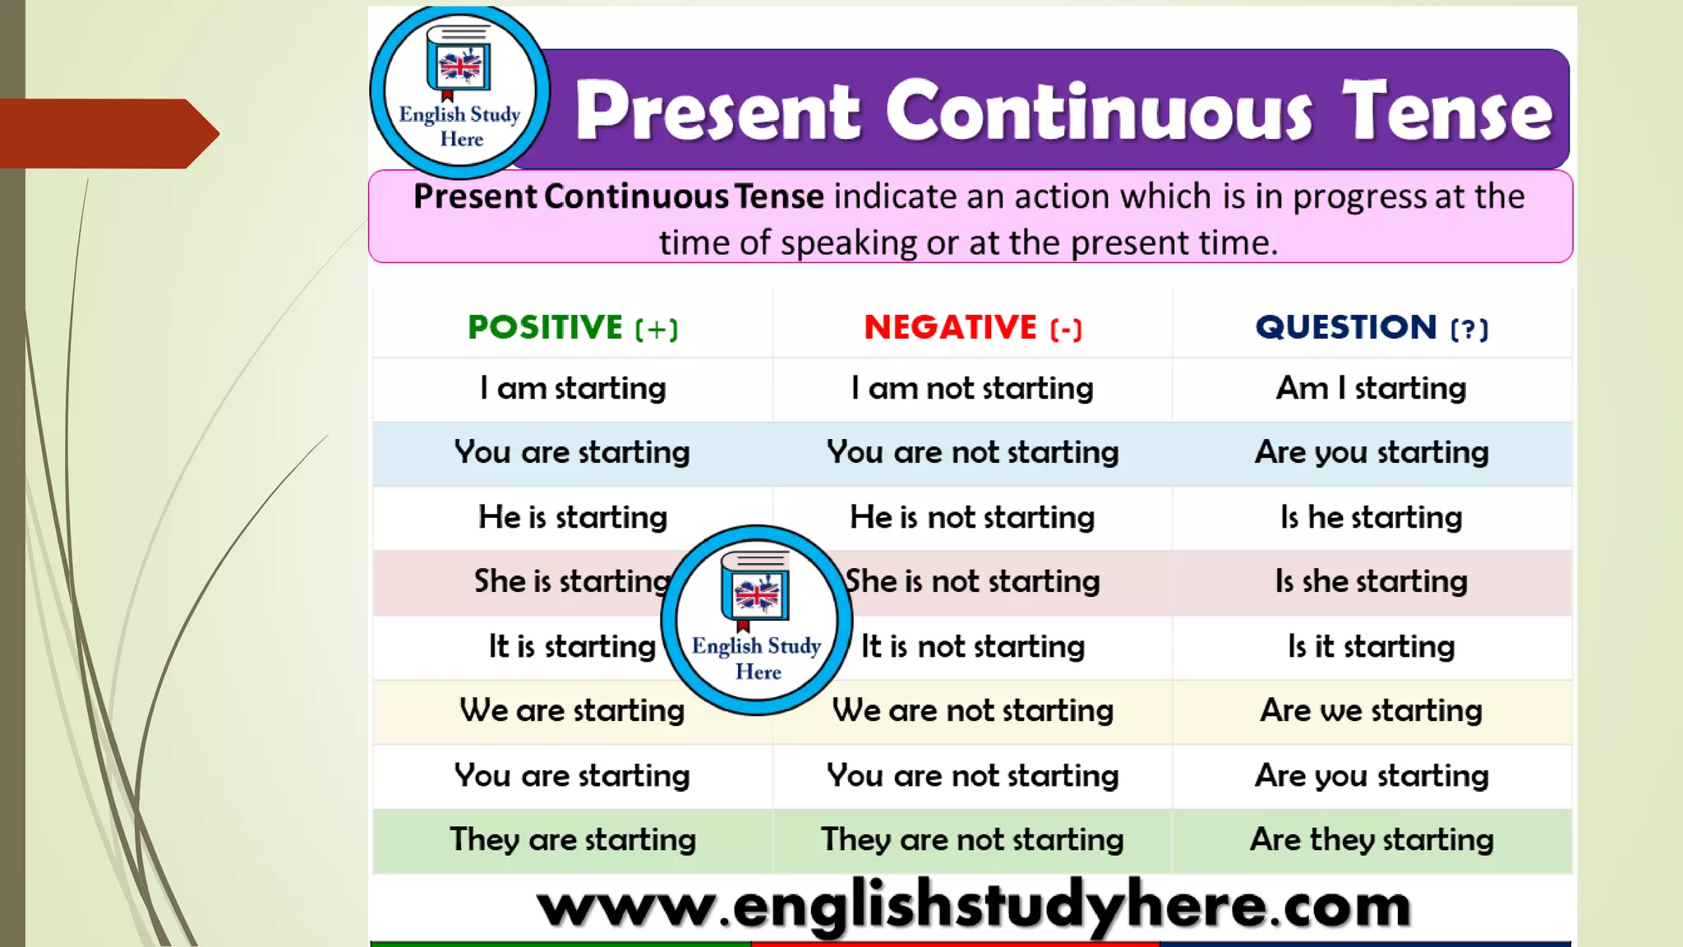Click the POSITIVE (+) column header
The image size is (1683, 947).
click(573, 327)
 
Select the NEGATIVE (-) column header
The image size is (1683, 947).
click(972, 327)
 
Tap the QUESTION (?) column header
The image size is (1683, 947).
click(1371, 327)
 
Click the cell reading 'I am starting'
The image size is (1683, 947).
click(573, 388)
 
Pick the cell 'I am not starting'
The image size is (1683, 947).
click(972, 388)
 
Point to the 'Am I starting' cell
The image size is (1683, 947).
click(1371, 388)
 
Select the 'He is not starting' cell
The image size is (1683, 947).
click(972, 517)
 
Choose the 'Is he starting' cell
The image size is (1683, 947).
click(1371, 517)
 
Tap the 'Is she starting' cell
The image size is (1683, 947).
click(1371, 581)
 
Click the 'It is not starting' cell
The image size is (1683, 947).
click(973, 646)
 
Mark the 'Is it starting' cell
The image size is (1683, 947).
click(1371, 646)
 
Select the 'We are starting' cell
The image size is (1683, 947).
click(572, 710)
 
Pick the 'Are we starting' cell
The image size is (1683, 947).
click(1371, 710)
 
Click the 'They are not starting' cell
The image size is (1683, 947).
click(972, 839)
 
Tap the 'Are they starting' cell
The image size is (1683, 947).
click(1371, 839)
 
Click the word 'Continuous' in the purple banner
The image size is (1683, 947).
click(1099, 111)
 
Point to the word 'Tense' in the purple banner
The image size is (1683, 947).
click(1447, 111)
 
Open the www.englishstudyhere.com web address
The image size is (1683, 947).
click(973, 906)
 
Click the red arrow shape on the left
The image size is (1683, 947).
click(107, 133)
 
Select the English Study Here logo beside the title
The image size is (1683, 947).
click(459, 91)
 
